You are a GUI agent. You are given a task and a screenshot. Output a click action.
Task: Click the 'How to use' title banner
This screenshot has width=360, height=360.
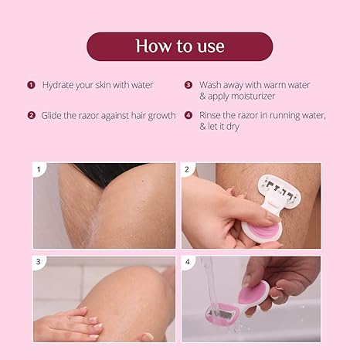click(x=179, y=46)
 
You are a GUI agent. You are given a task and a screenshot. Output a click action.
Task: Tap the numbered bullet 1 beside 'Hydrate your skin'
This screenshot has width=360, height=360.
click(x=31, y=84)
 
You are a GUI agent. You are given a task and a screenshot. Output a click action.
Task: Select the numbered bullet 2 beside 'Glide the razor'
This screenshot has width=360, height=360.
click(x=31, y=115)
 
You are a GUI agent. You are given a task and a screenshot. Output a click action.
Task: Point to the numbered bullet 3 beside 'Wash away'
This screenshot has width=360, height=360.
click(x=188, y=84)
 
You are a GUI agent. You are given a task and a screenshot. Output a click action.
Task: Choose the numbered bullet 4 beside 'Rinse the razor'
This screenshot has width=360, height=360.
click(x=188, y=115)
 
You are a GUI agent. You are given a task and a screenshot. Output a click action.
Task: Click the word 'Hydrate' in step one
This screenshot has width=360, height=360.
click(x=59, y=85)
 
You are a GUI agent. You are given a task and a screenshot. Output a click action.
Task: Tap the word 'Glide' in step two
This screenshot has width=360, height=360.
click(x=54, y=115)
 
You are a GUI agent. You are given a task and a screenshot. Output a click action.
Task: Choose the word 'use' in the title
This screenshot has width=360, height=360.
click(x=209, y=46)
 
